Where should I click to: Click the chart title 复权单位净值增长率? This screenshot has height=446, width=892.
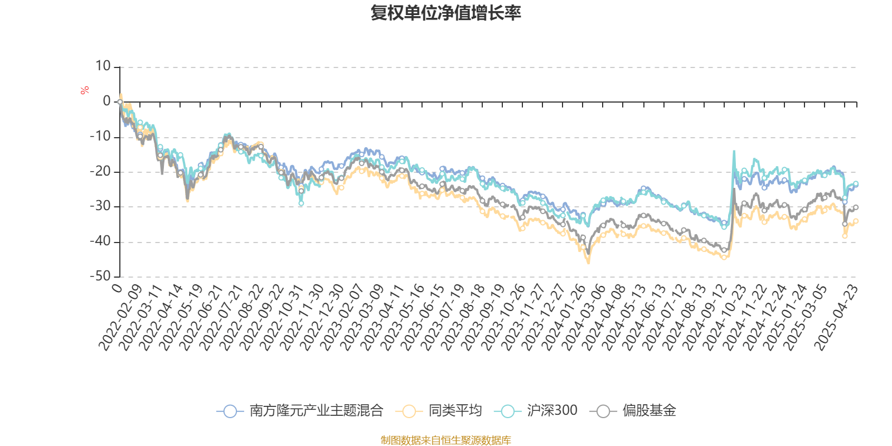[x=445, y=13]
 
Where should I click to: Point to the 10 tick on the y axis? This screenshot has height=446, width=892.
[x=103, y=67]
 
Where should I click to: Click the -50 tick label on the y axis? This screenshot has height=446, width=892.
[x=100, y=277]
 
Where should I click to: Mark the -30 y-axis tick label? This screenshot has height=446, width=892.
[x=100, y=207]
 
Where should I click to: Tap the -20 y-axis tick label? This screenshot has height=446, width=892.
[x=100, y=172]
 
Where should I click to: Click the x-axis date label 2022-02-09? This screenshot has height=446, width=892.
[x=121, y=318]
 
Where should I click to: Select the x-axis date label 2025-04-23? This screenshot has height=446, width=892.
[x=836, y=318]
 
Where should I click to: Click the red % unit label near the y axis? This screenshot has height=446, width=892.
[x=85, y=90]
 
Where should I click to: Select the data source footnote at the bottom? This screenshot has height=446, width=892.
[x=445, y=440]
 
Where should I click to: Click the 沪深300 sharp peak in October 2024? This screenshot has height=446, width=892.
[x=734, y=151]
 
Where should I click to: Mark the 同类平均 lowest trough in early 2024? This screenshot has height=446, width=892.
[x=588, y=263]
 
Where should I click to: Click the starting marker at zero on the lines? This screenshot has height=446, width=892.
[x=120, y=102]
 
